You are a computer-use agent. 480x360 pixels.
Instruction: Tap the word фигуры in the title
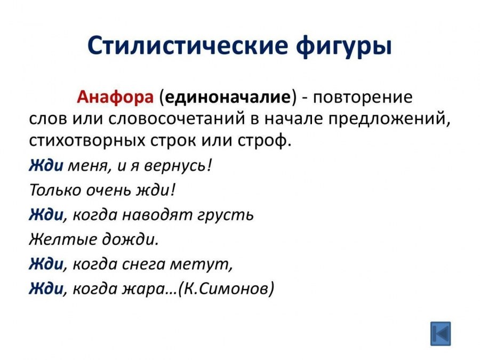[343, 47]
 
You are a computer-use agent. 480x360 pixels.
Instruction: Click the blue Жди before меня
[46, 165]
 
